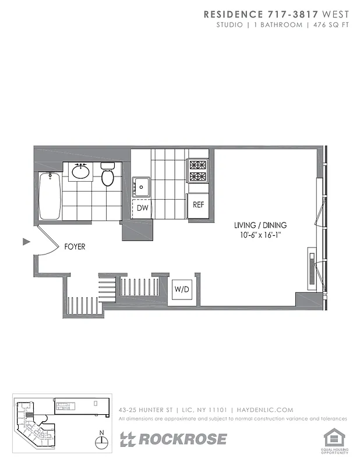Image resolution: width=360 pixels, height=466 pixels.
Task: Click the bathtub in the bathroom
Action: click(x=50, y=195)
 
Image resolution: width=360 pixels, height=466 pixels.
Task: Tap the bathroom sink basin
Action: click(x=80, y=172)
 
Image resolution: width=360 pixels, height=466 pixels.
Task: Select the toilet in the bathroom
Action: click(x=107, y=174)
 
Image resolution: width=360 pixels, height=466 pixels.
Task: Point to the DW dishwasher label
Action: click(x=142, y=207)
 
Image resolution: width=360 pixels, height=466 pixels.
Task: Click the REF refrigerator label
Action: click(x=199, y=204)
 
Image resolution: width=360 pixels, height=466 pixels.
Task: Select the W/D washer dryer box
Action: click(x=181, y=290)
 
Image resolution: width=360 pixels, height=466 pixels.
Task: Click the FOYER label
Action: click(x=75, y=247)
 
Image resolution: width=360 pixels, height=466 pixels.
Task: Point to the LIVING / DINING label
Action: click(x=260, y=225)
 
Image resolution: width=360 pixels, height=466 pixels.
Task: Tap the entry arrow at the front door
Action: click(x=26, y=241)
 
